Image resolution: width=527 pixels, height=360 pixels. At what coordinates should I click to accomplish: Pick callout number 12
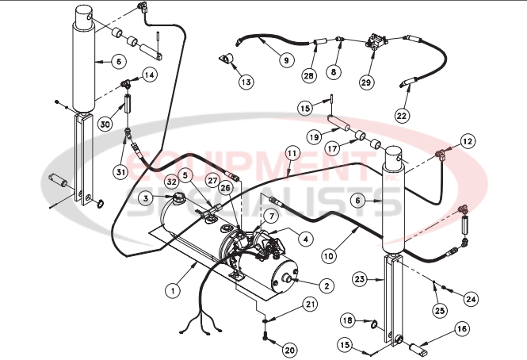[x=467, y=141]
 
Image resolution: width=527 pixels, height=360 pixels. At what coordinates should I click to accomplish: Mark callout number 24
[x=471, y=299]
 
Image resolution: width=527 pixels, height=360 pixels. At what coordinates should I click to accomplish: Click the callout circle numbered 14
[x=149, y=75]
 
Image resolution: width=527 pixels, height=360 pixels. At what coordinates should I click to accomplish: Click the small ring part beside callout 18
[x=371, y=323]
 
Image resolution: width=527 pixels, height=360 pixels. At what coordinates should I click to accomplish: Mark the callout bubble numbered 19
[x=315, y=136]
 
